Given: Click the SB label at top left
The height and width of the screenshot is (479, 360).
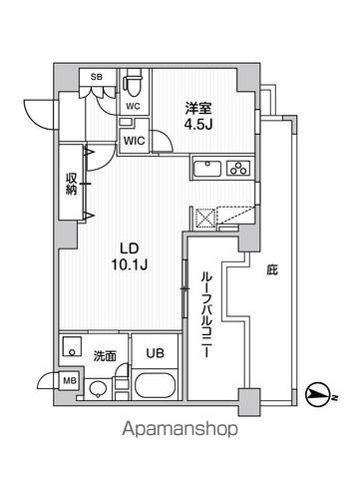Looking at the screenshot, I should [x=96, y=76].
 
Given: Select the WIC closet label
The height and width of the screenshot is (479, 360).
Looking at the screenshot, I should [x=135, y=141].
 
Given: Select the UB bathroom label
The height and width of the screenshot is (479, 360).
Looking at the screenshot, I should [x=157, y=352].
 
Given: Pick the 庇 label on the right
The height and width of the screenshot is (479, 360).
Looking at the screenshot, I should [x=270, y=268].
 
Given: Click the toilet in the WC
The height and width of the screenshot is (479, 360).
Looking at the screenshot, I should [x=132, y=80].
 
